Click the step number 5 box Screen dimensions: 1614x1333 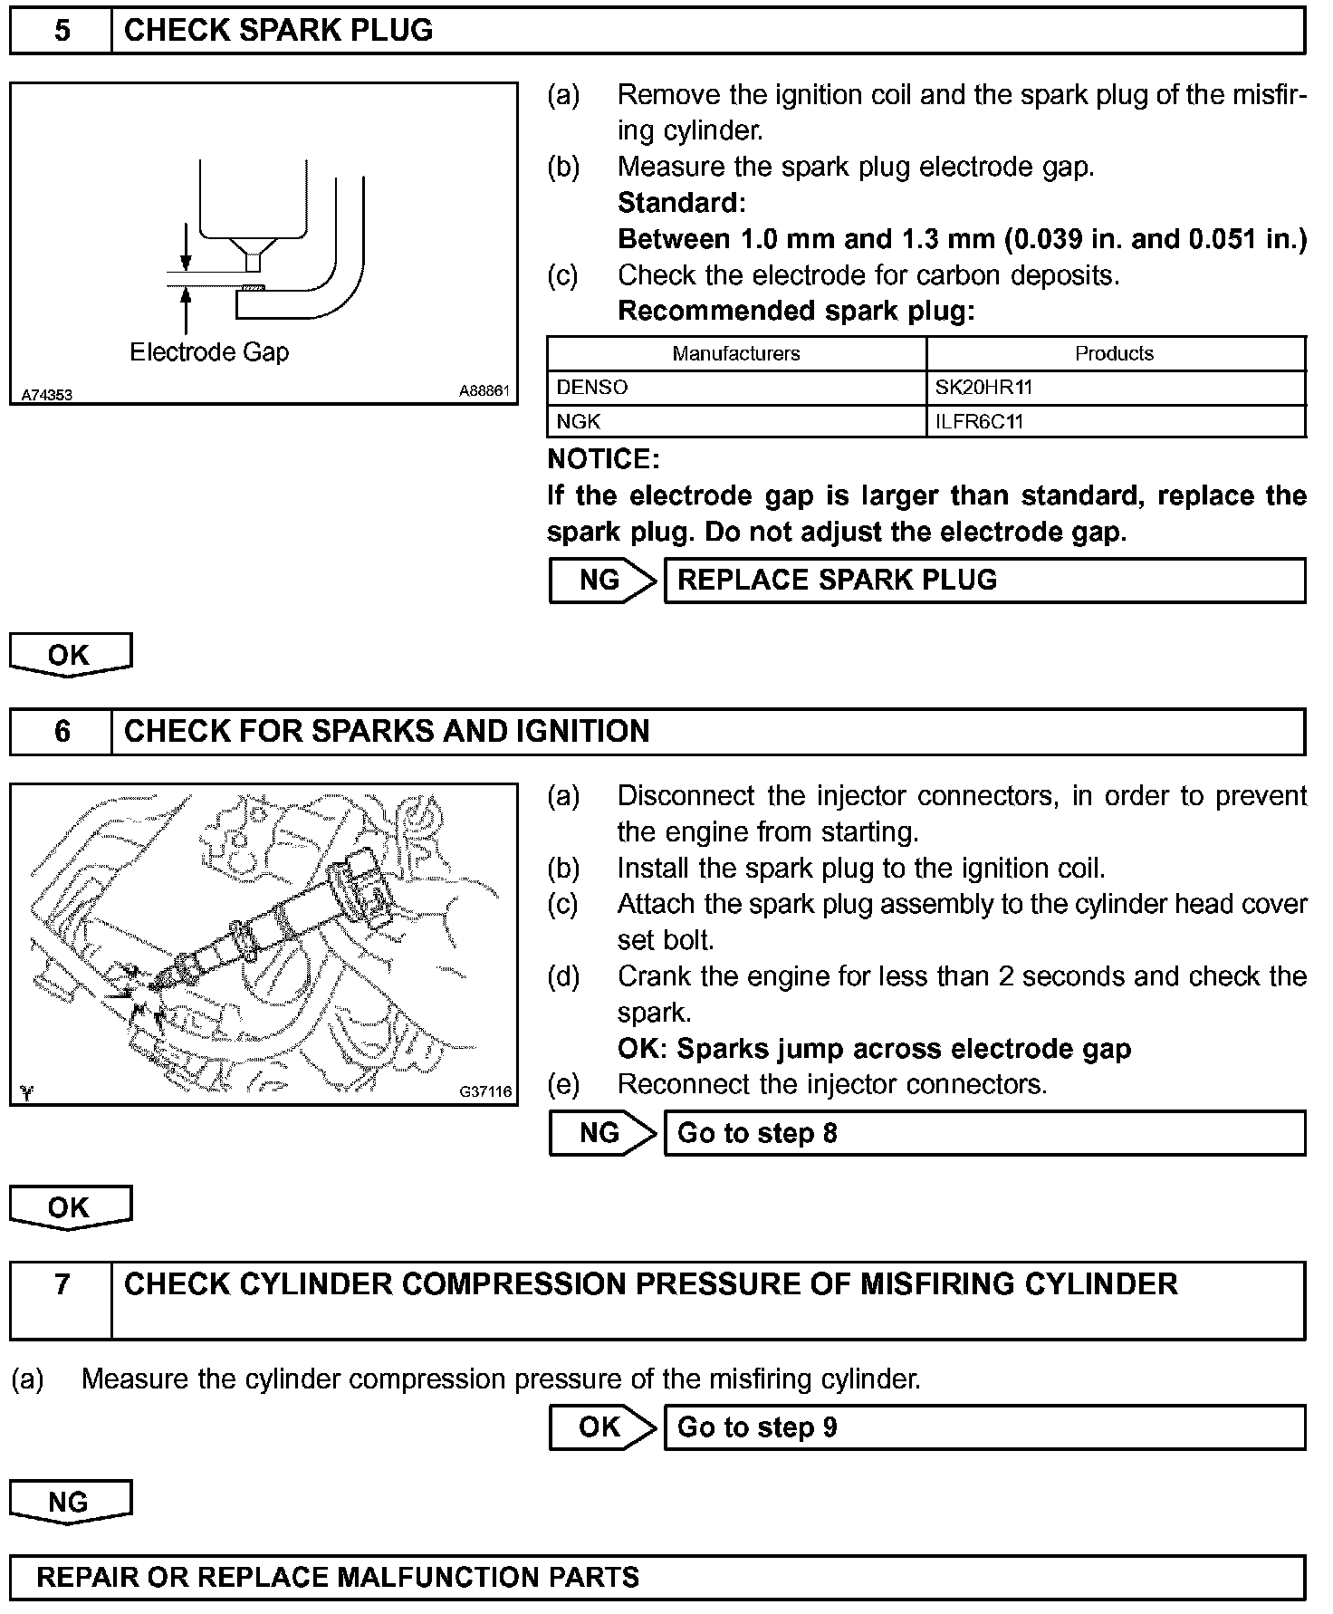pos(61,31)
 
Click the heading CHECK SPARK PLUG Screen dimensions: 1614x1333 pos(278,31)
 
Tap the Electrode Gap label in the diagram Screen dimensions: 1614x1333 pos(209,352)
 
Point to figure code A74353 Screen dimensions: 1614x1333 pos(47,394)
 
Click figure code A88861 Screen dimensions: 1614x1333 pos(484,391)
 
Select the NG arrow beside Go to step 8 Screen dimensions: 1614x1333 pos(600,1133)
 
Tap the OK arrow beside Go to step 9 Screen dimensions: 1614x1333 pos(600,1427)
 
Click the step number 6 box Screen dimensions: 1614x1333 pos(61,732)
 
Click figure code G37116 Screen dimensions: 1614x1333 pos(485,1092)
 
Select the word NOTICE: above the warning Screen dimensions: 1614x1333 pos(603,459)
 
